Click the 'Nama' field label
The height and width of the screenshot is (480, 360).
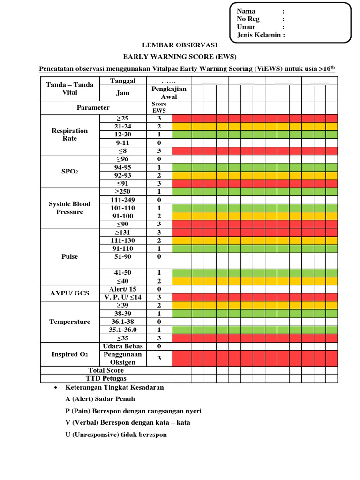point(246,11)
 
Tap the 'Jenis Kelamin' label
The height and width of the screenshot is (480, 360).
point(261,35)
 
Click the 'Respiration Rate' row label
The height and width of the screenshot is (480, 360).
point(70,135)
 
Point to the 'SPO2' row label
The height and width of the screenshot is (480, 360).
point(70,172)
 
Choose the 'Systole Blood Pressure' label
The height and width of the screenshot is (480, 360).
point(70,208)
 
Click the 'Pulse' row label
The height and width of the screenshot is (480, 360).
point(70,256)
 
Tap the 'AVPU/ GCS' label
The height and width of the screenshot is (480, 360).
point(70,293)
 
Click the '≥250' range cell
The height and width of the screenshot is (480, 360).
point(123,192)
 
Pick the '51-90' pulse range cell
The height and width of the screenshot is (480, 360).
point(123,256)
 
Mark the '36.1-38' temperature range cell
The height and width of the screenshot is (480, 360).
point(123,322)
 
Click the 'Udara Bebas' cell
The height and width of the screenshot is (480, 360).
point(123,346)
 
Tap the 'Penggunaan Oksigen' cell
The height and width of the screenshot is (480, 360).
point(123,359)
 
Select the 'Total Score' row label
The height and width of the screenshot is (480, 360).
point(106,370)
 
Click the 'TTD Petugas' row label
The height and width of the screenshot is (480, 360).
point(106,378)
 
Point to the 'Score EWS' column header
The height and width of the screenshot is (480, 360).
point(159,107)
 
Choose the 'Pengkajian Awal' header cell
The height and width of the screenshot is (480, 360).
point(159,93)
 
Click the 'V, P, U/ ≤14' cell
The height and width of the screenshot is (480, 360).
point(123,297)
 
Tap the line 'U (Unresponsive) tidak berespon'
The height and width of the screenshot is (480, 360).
point(116,435)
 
